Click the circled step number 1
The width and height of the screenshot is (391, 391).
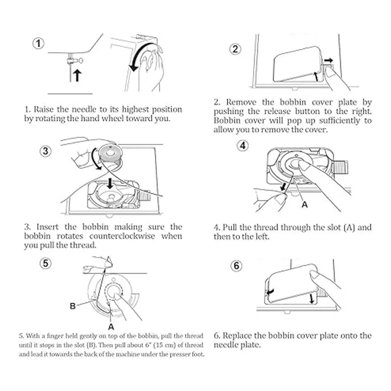(38, 43)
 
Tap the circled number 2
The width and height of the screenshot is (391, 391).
(235, 49)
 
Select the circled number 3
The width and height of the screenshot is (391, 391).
(45, 151)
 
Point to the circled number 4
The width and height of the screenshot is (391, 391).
(243, 146)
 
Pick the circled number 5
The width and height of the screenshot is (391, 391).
(45, 264)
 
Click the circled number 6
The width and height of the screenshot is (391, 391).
(236, 266)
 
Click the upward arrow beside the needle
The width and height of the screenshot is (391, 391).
(77, 76)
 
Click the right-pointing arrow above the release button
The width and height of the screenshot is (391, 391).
(328, 60)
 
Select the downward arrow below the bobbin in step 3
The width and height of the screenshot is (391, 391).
(110, 183)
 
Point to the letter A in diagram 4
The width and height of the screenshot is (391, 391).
(305, 205)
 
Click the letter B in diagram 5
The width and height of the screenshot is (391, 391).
(73, 306)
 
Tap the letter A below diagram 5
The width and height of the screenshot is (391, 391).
(111, 326)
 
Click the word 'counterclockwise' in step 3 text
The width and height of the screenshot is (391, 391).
(122, 236)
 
